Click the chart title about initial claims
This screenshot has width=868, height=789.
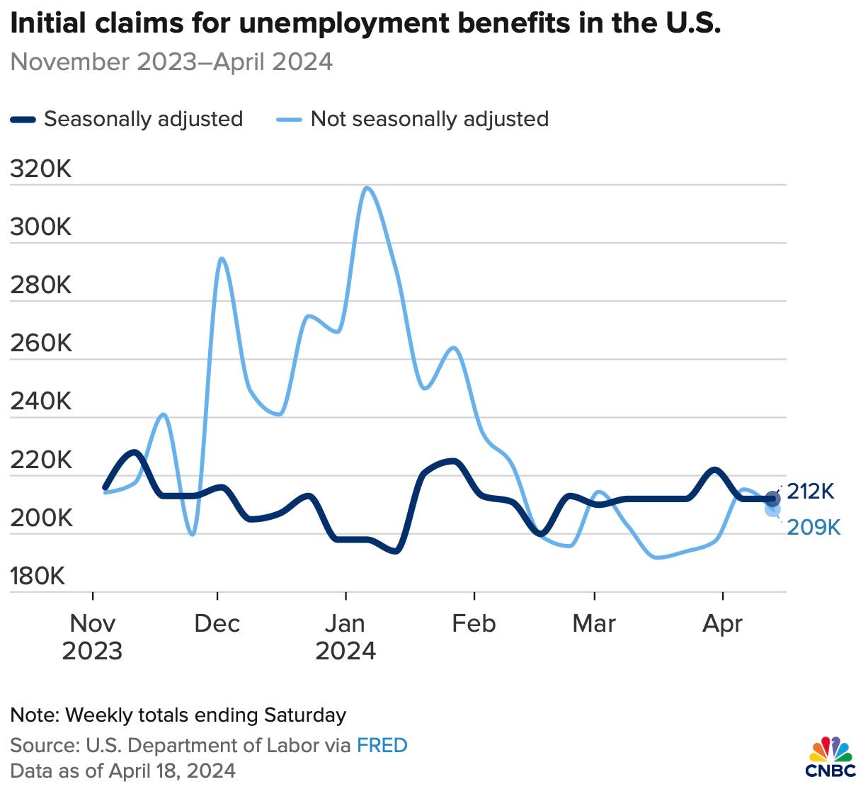tap(365, 24)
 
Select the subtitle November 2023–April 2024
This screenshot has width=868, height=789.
tap(171, 62)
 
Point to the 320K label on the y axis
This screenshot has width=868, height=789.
tap(41, 169)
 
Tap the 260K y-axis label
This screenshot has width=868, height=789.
tap(41, 344)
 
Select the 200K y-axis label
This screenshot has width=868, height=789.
tap(41, 518)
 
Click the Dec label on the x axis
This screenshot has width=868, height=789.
tap(217, 624)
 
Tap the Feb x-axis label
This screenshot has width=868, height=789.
tap(474, 624)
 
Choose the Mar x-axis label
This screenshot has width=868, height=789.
tap(594, 624)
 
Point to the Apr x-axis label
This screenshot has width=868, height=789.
tap(722, 624)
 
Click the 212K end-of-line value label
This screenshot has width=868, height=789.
tap(811, 491)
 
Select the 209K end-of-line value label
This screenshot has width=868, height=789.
tap(813, 528)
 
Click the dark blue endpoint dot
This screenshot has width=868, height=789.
tap(772, 499)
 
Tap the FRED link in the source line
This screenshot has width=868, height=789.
tap(382, 746)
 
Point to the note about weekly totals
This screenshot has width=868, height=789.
tap(178, 715)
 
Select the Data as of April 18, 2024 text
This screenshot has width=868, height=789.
tap(123, 771)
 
